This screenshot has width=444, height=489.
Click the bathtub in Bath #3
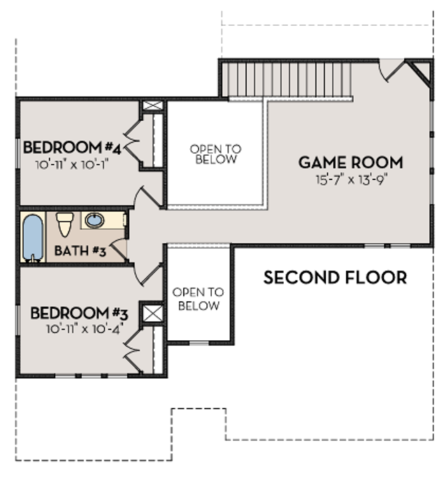coord(32,237)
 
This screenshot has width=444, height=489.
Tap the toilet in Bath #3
coord(64,224)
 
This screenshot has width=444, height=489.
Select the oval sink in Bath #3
coord(95,220)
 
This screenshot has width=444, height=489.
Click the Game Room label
coord(350,163)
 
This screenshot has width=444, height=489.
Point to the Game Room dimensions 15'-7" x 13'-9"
coord(352,180)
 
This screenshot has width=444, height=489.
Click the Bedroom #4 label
coord(72,147)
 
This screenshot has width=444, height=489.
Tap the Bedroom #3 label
coord(79,313)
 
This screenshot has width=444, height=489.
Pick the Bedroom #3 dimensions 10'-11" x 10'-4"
coord(83,329)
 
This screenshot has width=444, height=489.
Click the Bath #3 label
coord(80,251)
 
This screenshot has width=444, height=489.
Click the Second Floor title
coord(336,277)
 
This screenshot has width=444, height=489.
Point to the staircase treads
coord(287,80)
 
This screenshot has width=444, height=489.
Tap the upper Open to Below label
coord(215,154)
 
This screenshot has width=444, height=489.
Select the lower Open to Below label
coord(199,299)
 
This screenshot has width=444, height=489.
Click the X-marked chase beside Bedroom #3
coord(152,314)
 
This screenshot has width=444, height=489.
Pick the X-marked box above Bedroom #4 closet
coord(152,105)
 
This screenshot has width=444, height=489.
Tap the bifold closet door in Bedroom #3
coord(132,351)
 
